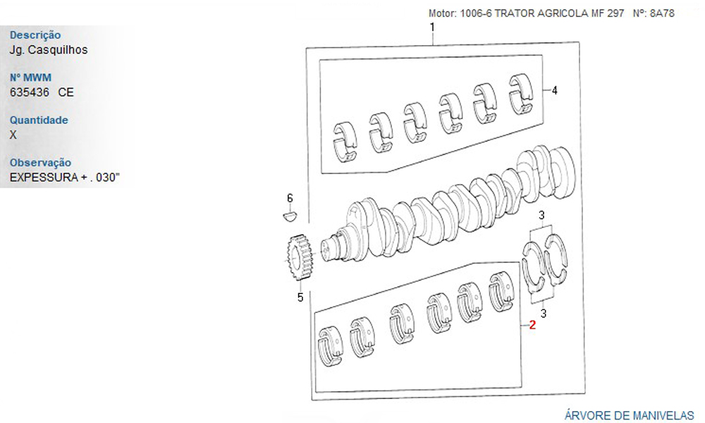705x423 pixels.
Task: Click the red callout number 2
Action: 532,324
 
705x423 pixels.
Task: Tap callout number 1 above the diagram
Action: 433,27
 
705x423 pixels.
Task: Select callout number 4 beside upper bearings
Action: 554,90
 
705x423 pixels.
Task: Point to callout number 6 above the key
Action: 290,198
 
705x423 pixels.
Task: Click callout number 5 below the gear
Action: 300,297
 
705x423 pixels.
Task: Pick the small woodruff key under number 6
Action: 290,216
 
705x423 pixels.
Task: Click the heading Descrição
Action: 35,35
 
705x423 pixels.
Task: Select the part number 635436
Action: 30,92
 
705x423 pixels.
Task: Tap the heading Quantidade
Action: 39,120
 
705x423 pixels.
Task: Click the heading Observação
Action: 40,163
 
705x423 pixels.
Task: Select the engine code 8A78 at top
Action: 662,13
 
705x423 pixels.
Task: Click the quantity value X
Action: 13,135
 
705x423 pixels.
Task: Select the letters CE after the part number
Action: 66,92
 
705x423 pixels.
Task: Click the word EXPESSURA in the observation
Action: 44,177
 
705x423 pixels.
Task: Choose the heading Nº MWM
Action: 30,78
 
